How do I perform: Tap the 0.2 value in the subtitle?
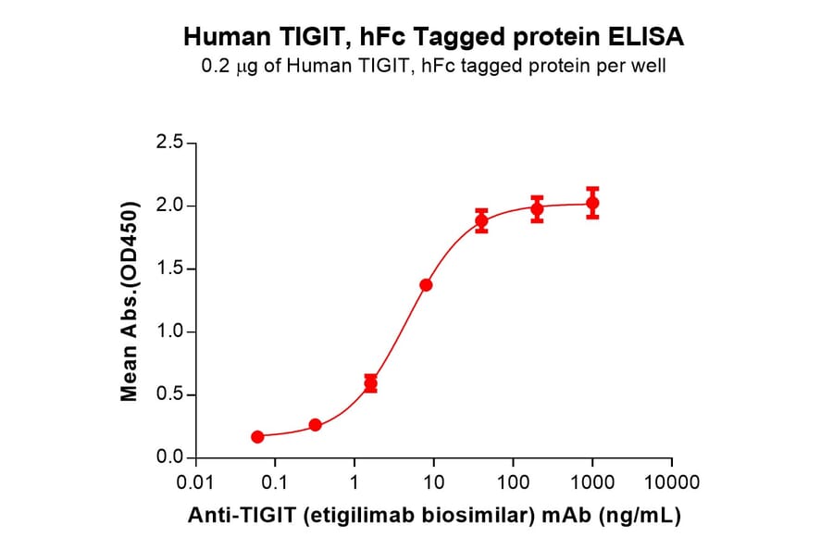(x=217, y=66)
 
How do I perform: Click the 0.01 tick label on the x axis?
(x=195, y=483)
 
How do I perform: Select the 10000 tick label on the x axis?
(x=672, y=483)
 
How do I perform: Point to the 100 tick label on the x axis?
(x=513, y=483)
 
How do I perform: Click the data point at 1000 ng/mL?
(x=592, y=203)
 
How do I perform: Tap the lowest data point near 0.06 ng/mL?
(x=257, y=436)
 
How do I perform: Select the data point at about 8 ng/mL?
(x=426, y=284)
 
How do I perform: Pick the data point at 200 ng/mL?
(x=537, y=209)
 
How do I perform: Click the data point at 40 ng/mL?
(x=481, y=221)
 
